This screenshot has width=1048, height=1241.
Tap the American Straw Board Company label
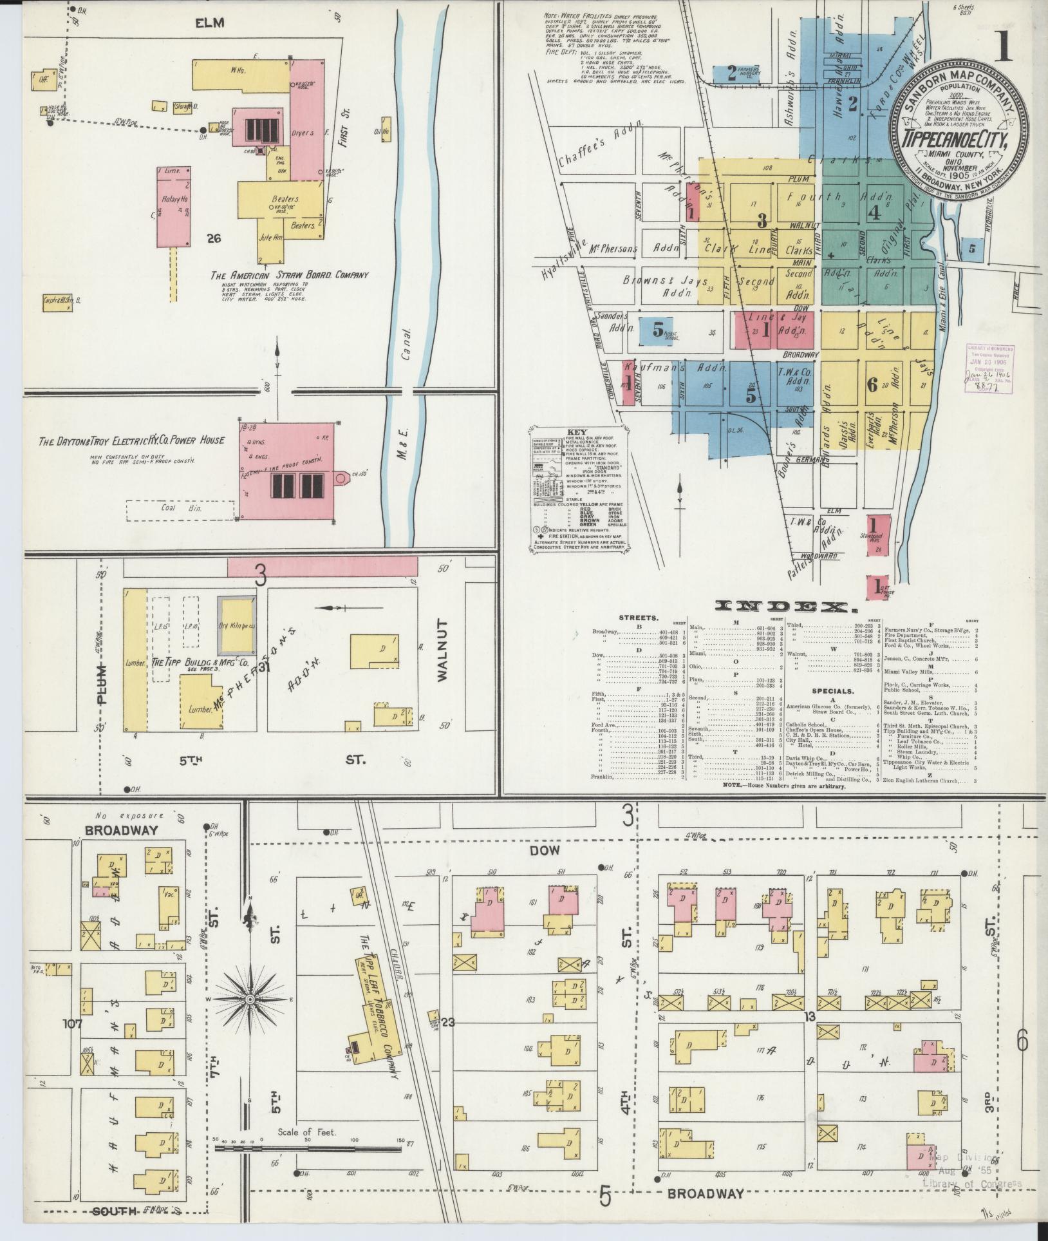[290, 275]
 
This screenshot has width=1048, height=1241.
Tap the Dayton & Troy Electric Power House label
[132, 441]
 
